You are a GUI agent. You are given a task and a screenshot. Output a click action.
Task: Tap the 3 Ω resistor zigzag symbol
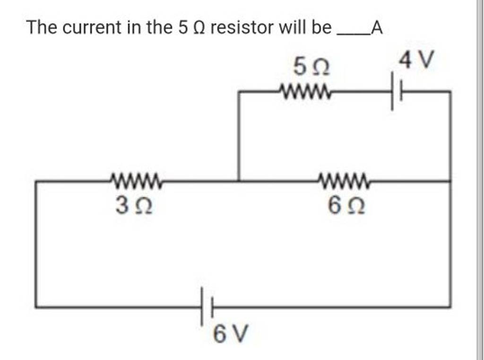tap(136, 180)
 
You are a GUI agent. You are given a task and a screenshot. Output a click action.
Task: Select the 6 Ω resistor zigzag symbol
tap(343, 180)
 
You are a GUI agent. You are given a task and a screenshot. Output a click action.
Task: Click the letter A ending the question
tap(376, 29)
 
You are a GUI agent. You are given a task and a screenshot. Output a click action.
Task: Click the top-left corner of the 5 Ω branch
tap(238, 93)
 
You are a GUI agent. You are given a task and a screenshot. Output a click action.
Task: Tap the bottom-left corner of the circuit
tap(36, 307)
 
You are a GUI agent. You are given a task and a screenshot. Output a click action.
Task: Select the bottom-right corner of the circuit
tap(449, 307)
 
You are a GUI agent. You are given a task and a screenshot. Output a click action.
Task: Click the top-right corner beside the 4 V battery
tap(449, 93)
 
